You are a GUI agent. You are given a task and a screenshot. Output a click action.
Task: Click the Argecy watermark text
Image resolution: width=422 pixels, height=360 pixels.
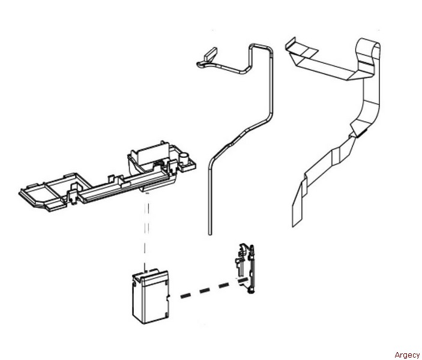(x=407, y=355)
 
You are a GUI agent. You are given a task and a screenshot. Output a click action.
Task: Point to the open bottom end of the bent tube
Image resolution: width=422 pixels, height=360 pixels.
(x=209, y=230)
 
